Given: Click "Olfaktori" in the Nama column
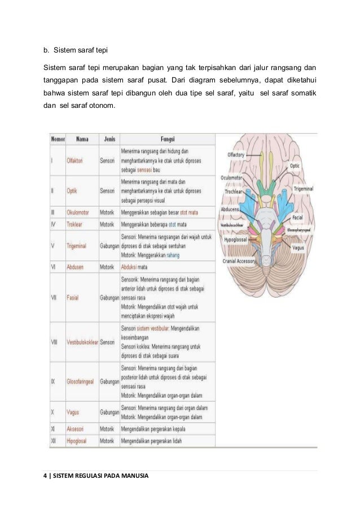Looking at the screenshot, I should click(75, 161).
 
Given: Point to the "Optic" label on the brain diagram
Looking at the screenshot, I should click(295, 166).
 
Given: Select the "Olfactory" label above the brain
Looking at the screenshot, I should click(236, 154).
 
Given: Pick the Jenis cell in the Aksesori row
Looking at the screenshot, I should click(107, 429).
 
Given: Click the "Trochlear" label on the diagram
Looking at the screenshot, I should click(233, 192).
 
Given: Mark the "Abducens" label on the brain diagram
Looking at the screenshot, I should click(231, 209).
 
